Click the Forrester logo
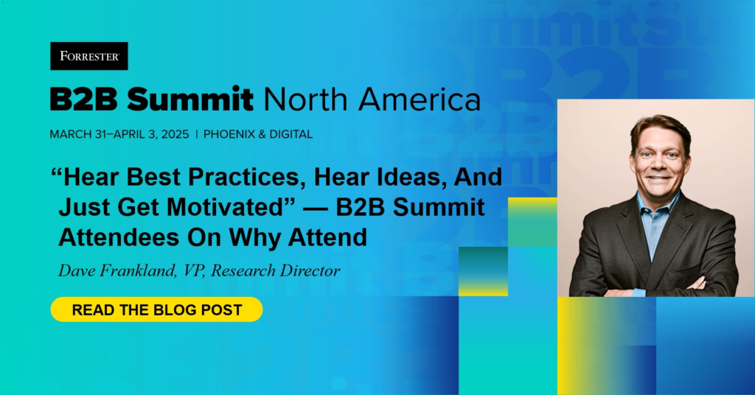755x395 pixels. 89,56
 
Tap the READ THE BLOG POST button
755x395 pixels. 156,310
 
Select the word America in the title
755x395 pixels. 420,99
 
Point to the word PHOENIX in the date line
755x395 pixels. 229,134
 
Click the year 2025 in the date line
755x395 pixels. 175,134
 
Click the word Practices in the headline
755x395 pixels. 247,177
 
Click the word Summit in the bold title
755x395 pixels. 190,99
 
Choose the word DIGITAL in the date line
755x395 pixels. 290,134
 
